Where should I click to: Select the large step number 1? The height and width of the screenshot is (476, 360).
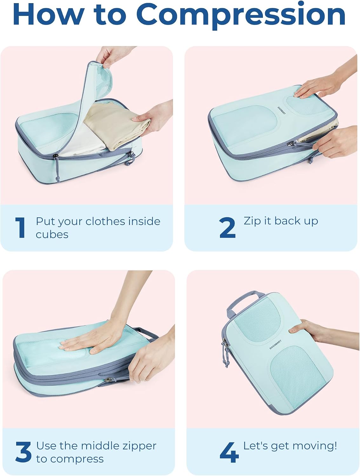point(20,228)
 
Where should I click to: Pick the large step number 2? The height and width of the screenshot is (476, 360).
point(227,228)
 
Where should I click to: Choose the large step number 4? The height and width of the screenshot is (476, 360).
point(229,452)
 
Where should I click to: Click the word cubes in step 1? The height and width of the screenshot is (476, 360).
point(52,235)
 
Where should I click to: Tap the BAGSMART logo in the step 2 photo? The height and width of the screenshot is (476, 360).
point(282,110)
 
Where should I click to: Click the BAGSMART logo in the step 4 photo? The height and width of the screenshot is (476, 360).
point(275,345)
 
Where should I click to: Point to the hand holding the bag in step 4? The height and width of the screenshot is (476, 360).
point(321,332)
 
